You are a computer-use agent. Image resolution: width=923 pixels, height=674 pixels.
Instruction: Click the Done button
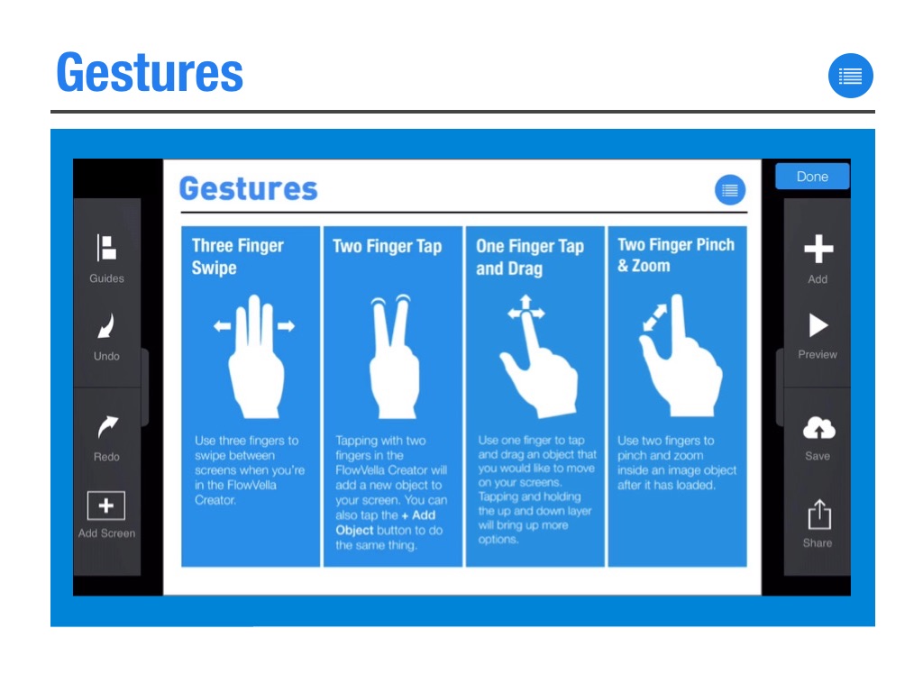pyautogui.click(x=812, y=177)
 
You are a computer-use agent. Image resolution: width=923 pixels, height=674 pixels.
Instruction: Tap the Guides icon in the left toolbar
pyautogui.click(x=106, y=248)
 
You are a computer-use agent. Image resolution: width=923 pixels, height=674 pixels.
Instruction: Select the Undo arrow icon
pyautogui.click(x=106, y=326)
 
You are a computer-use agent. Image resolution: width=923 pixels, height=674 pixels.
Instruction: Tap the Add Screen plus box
pyautogui.click(x=105, y=506)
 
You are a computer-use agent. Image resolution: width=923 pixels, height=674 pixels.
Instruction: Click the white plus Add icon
pyautogui.click(x=818, y=249)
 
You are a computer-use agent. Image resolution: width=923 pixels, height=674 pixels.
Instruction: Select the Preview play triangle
pyautogui.click(x=818, y=325)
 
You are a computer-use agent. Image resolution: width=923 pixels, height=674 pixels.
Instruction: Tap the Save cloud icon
pyautogui.click(x=818, y=428)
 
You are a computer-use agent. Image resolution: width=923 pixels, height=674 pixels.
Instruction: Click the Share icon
pyautogui.click(x=818, y=515)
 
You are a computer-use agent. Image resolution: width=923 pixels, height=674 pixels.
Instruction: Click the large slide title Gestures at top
pyautogui.click(x=150, y=72)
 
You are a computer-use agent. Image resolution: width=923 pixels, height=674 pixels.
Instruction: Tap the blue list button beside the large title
pyautogui.click(x=851, y=77)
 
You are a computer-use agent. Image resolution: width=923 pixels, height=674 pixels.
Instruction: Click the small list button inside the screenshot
pyautogui.click(x=730, y=190)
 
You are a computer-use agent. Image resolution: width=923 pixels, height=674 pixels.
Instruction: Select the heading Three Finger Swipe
pyautogui.click(x=237, y=257)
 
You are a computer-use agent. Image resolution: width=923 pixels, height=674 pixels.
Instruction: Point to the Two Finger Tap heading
pyautogui.click(x=388, y=246)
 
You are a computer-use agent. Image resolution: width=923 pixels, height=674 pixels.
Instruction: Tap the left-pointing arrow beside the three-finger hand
pyautogui.click(x=222, y=326)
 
